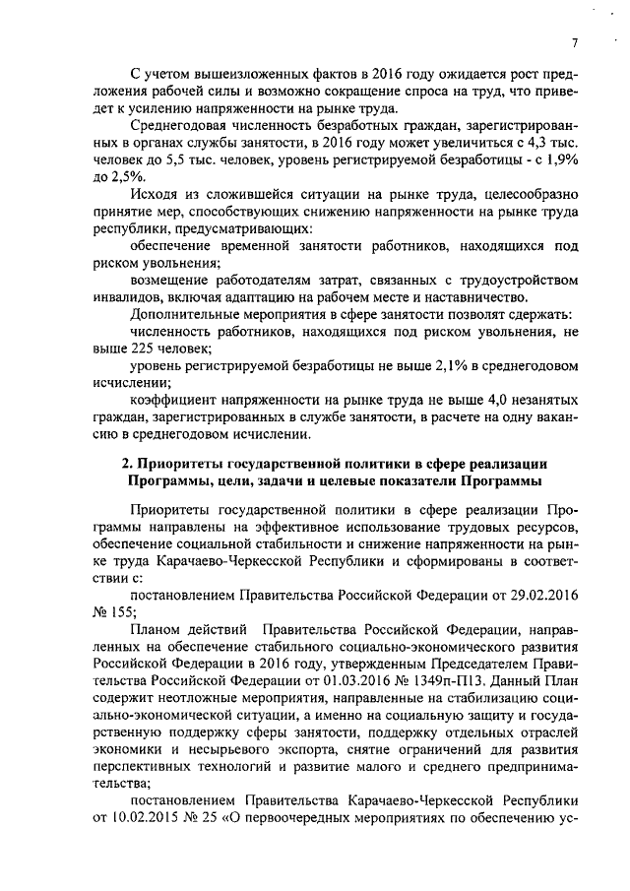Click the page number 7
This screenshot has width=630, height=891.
(x=572, y=41)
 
